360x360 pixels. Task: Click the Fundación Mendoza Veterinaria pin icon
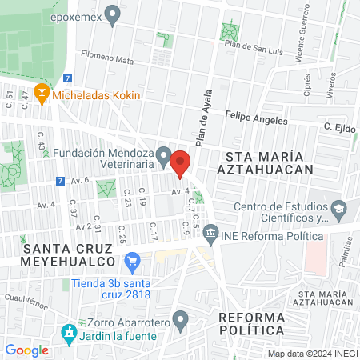[x=164, y=154]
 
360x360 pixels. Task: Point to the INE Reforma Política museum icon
[x=210, y=234]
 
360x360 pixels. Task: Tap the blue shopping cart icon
[x=133, y=261]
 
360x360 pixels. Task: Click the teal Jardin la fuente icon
[x=69, y=331]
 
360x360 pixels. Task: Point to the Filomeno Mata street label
[x=109, y=57]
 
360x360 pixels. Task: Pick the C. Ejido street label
[x=339, y=127]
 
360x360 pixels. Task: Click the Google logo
[x=26, y=350]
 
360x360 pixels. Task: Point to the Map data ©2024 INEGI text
[x=312, y=353]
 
